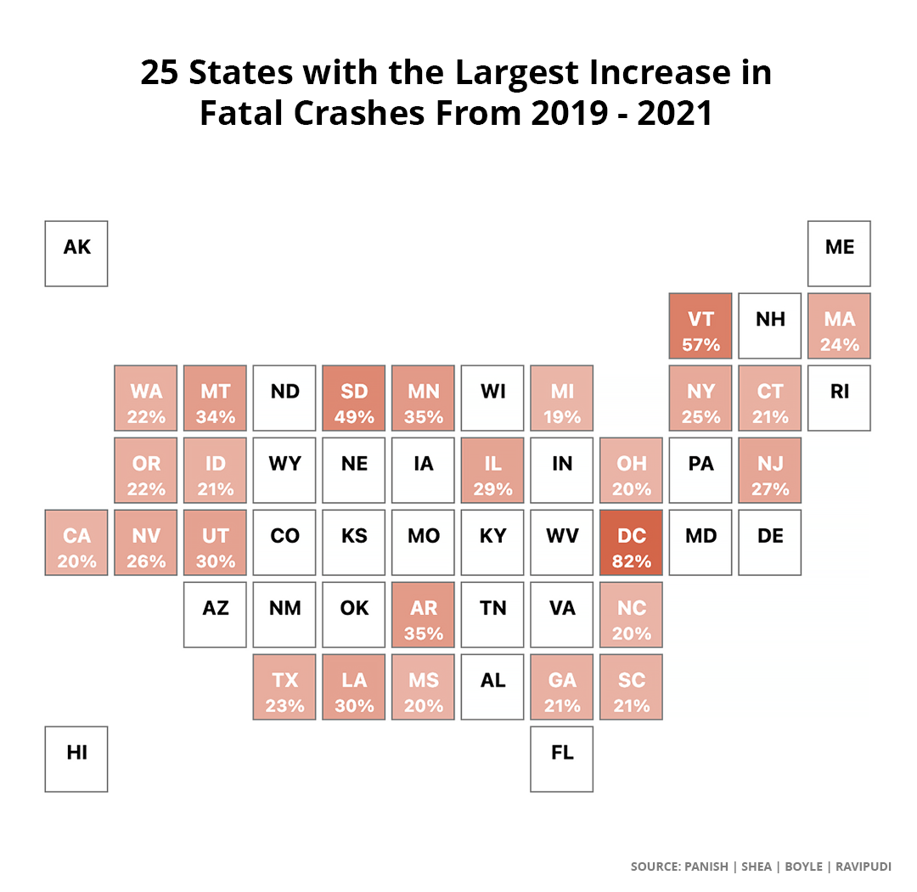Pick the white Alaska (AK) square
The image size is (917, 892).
(x=76, y=254)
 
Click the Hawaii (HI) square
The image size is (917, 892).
(x=76, y=759)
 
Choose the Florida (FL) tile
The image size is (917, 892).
(x=562, y=759)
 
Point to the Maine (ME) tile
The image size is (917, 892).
(x=839, y=254)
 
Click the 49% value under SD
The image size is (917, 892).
(x=354, y=417)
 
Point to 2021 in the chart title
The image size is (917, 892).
(x=677, y=114)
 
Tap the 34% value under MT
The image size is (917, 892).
(x=216, y=417)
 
